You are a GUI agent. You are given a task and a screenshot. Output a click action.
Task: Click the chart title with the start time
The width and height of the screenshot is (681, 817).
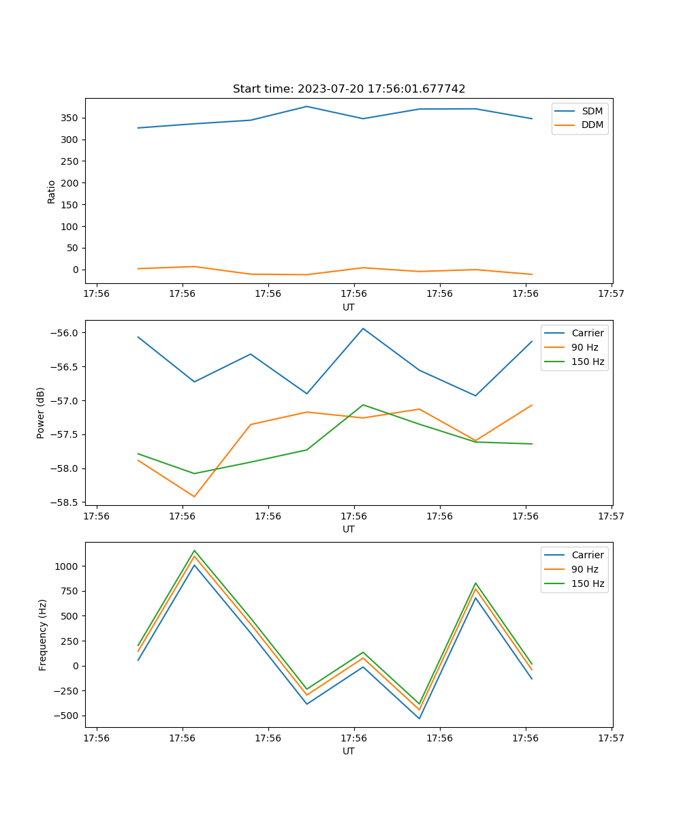[349, 89]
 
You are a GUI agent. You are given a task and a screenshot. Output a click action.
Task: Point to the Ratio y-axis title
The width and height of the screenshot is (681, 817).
[52, 191]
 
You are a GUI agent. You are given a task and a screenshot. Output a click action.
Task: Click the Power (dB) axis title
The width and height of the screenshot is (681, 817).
[41, 413]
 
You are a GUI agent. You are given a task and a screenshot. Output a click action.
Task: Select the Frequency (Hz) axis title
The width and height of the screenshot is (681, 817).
[43, 635]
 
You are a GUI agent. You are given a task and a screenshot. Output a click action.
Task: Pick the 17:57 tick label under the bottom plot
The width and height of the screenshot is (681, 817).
[611, 737]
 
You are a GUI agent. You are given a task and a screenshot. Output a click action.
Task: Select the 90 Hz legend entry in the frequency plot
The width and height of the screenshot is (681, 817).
[584, 569]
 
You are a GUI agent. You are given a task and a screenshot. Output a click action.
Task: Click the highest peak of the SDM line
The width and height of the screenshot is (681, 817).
[306, 106]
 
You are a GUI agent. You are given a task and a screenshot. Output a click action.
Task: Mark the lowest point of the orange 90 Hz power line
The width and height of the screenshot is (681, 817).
[194, 496]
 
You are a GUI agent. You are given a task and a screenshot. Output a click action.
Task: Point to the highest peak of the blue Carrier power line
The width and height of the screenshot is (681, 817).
[363, 328]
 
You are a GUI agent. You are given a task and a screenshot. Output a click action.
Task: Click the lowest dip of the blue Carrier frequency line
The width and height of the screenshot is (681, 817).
[419, 718]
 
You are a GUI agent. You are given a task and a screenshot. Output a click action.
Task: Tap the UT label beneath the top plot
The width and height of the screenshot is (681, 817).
[349, 307]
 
